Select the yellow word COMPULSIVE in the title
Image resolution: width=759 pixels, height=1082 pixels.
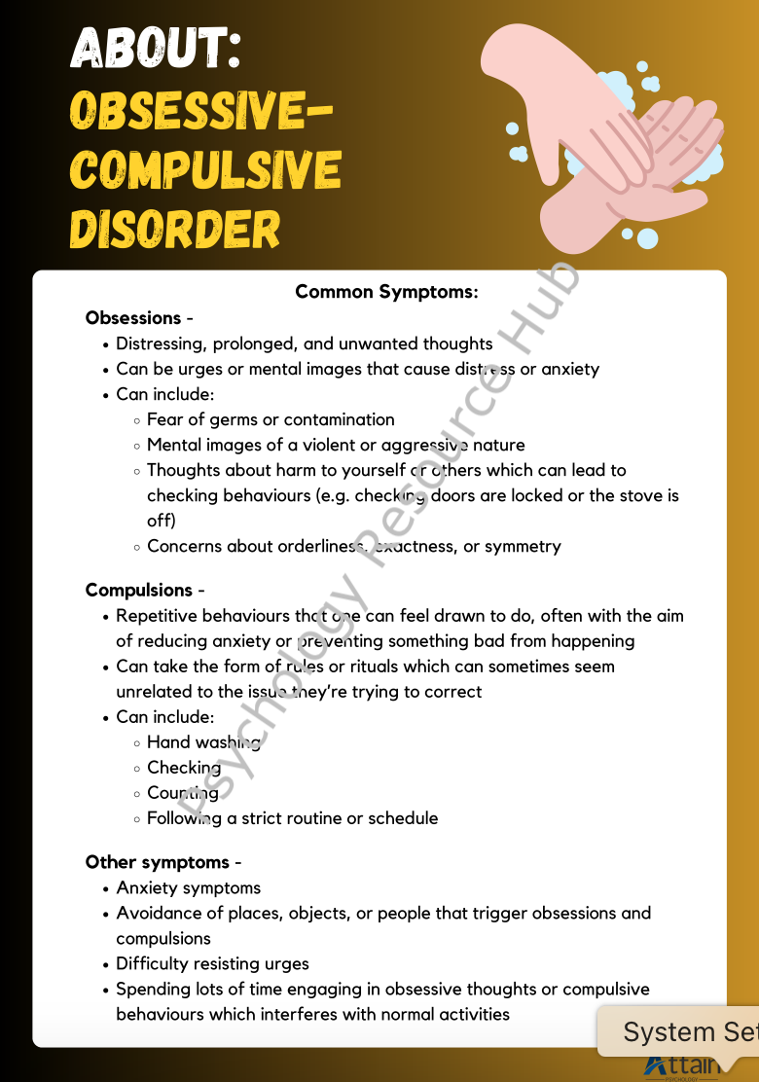(x=205, y=169)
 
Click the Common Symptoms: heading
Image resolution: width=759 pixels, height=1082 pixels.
(x=386, y=292)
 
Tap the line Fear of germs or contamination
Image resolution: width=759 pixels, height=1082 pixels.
(x=271, y=420)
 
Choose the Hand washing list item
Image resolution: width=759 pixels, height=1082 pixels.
(x=203, y=742)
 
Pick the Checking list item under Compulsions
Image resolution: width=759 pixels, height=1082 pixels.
(x=184, y=768)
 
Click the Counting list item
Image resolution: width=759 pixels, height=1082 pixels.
(x=183, y=793)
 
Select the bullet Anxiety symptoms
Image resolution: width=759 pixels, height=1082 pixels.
(x=188, y=888)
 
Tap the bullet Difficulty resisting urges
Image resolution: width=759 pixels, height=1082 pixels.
(x=212, y=964)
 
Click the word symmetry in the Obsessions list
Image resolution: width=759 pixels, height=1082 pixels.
(x=524, y=547)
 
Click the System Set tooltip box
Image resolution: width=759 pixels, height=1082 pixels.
(x=681, y=1031)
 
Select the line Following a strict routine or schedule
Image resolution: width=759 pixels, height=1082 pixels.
(x=292, y=818)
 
